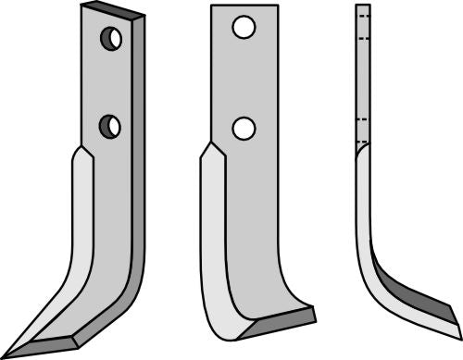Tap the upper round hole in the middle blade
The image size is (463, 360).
tap(244, 29)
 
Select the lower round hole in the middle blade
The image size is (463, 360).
tap(244, 129)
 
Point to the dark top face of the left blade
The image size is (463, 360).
tap(112, 11)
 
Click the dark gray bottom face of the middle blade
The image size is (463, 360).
tap(278, 326)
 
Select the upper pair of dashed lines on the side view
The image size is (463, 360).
tap(363, 22)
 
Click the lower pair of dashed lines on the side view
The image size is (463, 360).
tap(363, 130)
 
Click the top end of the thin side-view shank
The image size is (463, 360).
tap(363, 6)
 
